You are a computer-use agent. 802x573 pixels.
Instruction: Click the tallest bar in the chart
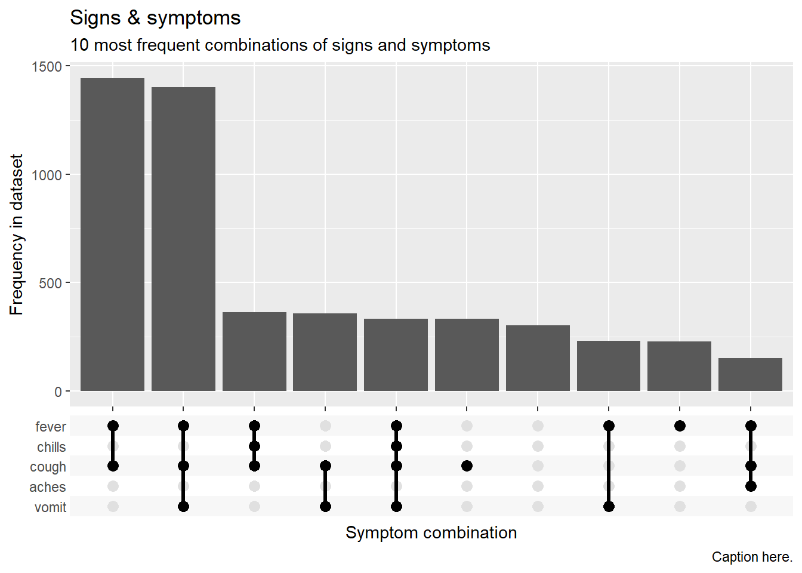point(112,234)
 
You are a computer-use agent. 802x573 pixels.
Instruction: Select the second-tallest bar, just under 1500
point(183,239)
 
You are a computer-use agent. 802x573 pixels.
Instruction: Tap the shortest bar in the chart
point(750,374)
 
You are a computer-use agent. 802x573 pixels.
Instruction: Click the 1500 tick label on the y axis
point(47,67)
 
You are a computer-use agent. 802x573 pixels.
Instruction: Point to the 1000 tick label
point(47,175)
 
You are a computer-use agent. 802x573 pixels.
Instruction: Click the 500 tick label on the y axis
point(51,284)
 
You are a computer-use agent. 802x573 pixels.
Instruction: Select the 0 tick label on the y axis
point(58,392)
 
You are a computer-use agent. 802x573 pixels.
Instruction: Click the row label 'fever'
point(51,427)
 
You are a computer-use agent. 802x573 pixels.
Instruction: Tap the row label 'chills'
point(51,447)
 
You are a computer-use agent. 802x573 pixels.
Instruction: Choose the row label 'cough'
point(48,467)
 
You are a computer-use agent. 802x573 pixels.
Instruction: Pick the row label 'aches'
point(48,487)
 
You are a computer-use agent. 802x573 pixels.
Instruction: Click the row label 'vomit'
point(51,507)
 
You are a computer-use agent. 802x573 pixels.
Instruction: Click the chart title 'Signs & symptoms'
point(155,18)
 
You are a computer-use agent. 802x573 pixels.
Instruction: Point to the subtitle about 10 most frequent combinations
point(280,45)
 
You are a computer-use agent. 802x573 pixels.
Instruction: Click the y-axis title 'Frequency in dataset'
point(16,235)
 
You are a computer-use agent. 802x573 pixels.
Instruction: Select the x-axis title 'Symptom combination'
point(431,532)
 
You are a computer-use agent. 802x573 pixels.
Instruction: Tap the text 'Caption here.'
point(752,557)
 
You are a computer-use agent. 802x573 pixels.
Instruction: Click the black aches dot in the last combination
point(751,486)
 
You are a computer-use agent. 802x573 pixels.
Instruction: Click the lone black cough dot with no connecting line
point(467,466)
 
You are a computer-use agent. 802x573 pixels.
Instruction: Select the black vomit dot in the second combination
point(183,506)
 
